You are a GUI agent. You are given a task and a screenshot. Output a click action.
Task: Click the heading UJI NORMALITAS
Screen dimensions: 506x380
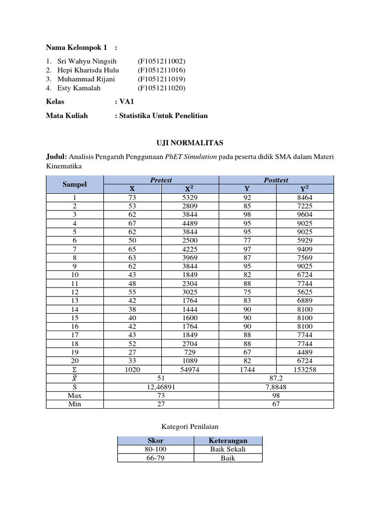(x=190, y=143)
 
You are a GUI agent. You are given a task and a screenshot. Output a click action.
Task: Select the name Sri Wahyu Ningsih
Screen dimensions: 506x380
(x=87, y=61)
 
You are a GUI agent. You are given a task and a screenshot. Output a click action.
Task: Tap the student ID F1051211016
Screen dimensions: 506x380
(x=161, y=70)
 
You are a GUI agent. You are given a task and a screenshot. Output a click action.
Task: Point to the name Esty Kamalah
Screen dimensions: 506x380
(x=79, y=88)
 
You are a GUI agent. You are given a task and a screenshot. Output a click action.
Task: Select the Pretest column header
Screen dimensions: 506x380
(x=161, y=180)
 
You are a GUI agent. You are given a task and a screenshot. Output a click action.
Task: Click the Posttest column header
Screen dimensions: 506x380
(x=276, y=180)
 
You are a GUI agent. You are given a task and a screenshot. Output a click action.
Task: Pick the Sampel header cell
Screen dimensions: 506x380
(x=75, y=184)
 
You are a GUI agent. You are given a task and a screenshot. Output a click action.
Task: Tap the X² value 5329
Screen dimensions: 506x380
(x=190, y=197)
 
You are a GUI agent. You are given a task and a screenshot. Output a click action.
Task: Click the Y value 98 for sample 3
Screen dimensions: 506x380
(x=247, y=214)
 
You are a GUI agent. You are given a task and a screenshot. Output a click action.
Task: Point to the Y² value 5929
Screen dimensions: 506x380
(x=305, y=240)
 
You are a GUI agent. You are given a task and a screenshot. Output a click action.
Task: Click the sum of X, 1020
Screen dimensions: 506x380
(x=132, y=370)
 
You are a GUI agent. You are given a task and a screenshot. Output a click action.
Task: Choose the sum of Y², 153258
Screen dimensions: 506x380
(x=305, y=370)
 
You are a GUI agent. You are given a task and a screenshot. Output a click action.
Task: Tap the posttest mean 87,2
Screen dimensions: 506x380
(x=276, y=379)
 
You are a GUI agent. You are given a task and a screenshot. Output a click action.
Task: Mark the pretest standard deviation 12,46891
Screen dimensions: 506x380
(x=161, y=387)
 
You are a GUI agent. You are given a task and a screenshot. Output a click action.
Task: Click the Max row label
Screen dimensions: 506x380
(x=75, y=395)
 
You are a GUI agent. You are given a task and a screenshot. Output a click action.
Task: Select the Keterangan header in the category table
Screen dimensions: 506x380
(x=228, y=440)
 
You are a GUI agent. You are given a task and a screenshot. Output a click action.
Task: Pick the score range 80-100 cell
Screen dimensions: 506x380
(x=156, y=449)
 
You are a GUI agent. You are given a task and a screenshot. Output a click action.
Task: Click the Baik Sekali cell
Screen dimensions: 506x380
(x=228, y=449)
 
